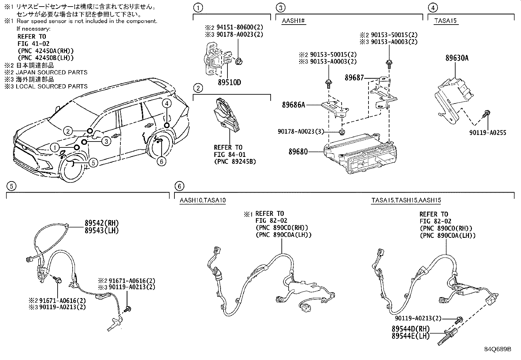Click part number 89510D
click(x=229, y=82)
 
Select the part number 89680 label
click(x=298, y=152)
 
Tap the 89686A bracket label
click(x=294, y=105)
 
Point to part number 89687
click(x=354, y=78)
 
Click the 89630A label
click(x=457, y=58)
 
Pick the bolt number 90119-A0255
click(x=487, y=133)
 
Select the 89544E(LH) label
click(x=410, y=336)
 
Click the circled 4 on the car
click(x=167, y=104)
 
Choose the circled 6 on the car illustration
click(x=161, y=161)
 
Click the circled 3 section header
click(x=280, y=7)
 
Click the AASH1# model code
click(x=294, y=21)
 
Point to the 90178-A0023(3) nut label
click(x=300, y=131)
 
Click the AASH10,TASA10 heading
click(x=203, y=200)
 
